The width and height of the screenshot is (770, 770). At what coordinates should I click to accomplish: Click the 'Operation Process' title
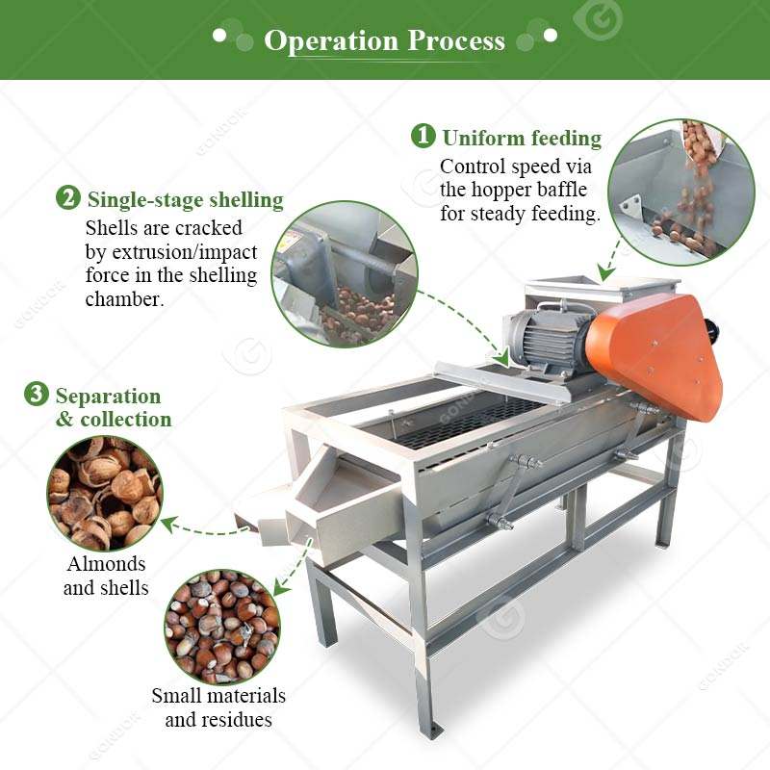pyautogui.click(x=384, y=40)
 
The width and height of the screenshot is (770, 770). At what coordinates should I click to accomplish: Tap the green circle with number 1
pyautogui.click(x=423, y=136)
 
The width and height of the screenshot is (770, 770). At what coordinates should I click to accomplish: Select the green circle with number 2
pyautogui.click(x=67, y=197)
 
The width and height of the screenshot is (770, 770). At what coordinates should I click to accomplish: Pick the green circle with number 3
pyautogui.click(x=37, y=394)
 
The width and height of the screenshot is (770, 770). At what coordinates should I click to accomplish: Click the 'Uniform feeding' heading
pyautogui.click(x=522, y=138)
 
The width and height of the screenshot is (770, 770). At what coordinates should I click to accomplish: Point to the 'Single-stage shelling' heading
pyautogui.click(x=186, y=200)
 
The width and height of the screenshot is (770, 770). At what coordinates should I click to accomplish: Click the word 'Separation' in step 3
pyautogui.click(x=108, y=396)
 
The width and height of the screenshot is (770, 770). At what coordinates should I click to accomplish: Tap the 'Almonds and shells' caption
pyautogui.click(x=106, y=576)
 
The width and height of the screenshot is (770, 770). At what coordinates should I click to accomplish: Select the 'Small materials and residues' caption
pyautogui.click(x=218, y=707)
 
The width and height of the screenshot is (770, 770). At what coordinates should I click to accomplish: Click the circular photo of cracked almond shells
pyautogui.click(x=105, y=494)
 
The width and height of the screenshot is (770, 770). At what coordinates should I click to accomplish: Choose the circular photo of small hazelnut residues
pyautogui.click(x=222, y=628)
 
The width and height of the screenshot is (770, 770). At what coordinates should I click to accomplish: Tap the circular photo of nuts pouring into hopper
pyautogui.click(x=681, y=192)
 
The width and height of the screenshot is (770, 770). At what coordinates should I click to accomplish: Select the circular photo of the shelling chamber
pyautogui.click(x=345, y=274)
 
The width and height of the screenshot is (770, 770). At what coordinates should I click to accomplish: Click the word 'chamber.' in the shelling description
pyautogui.click(x=125, y=299)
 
